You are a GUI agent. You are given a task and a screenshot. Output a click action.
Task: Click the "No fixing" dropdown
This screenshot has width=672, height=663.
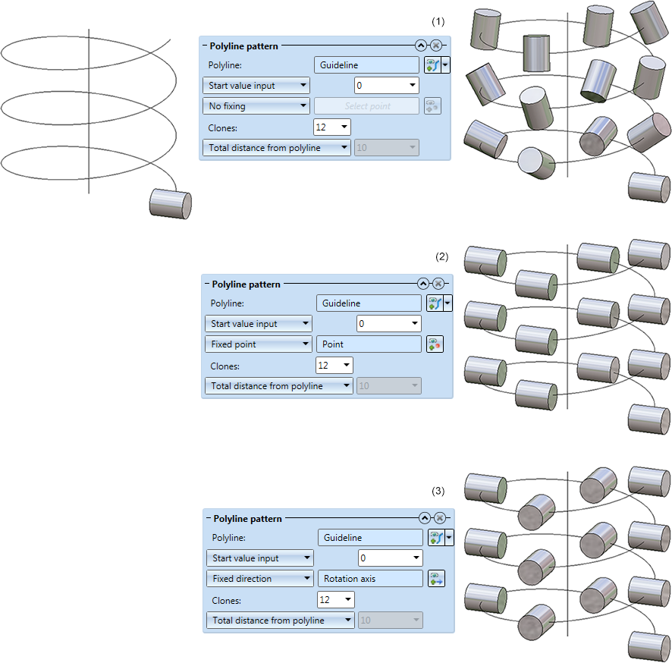(256, 106)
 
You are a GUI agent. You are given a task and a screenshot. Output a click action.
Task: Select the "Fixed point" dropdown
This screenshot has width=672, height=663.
(258, 344)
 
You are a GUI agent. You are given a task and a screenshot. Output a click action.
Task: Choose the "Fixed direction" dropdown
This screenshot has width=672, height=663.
(259, 579)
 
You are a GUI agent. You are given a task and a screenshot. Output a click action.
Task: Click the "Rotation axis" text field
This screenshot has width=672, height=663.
(370, 579)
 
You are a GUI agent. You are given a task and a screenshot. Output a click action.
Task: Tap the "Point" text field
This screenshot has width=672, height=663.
(369, 344)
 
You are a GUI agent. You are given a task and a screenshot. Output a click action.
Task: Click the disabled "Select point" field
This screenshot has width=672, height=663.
(366, 106)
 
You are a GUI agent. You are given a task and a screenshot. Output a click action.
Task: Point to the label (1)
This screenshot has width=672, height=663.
(438, 22)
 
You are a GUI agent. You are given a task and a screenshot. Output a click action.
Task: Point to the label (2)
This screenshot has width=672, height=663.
(442, 256)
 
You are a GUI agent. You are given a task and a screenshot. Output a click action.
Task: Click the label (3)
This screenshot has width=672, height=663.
(438, 492)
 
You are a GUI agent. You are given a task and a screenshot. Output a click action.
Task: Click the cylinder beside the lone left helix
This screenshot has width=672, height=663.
(170, 203)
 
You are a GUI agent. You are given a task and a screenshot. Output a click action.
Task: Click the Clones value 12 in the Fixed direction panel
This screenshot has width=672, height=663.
(334, 600)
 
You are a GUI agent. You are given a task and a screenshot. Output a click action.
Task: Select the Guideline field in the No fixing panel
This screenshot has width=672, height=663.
(366, 65)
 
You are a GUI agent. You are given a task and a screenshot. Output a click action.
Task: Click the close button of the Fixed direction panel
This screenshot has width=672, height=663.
(439, 518)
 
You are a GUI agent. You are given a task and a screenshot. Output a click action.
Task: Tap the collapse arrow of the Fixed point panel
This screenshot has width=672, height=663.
(423, 284)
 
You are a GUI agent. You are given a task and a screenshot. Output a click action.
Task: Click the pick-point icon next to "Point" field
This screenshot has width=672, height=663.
(435, 344)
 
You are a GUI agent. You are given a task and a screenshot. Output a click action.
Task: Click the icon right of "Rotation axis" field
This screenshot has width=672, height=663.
(436, 579)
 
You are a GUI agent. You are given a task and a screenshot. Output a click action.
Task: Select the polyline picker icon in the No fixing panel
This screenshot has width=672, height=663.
(432, 65)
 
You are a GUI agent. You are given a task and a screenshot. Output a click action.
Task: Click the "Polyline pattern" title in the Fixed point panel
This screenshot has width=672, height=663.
(246, 284)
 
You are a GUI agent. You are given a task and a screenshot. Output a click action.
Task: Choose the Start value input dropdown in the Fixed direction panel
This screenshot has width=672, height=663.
(259, 558)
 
